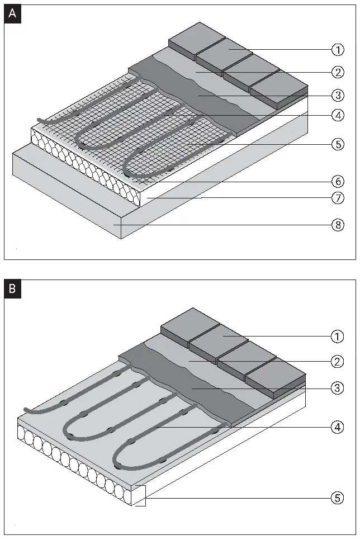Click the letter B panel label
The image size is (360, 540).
coord(12,290)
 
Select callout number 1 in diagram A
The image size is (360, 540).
coord(338,50)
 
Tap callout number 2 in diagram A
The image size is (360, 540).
coord(338,72)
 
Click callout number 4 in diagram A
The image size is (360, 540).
coord(338,116)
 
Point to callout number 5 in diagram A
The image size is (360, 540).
coord(338,144)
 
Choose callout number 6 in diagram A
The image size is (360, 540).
coord(338,182)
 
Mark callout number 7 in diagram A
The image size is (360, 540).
coord(338,198)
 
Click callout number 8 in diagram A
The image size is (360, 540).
coord(338,225)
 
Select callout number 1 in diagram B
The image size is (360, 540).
coord(338,337)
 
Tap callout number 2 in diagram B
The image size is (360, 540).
coord(338,362)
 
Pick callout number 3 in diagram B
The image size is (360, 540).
coord(338,387)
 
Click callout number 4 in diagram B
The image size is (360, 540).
coord(338,428)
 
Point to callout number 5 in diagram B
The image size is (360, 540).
coord(338,498)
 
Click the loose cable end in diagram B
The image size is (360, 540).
coord(27,411)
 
